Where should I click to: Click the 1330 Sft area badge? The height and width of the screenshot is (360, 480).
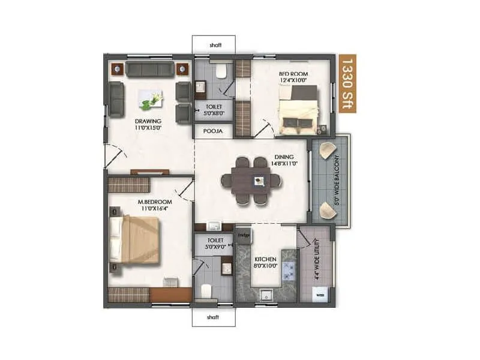pos(346,79)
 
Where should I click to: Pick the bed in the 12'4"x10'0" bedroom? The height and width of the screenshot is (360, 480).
pos(298,110)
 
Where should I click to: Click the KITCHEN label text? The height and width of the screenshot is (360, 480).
pos(264,259)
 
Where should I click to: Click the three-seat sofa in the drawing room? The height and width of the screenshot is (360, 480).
pos(150,69)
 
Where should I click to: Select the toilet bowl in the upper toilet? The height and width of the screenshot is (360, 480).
pos(221,73)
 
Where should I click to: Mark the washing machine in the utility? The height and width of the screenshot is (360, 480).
pos(320,296)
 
